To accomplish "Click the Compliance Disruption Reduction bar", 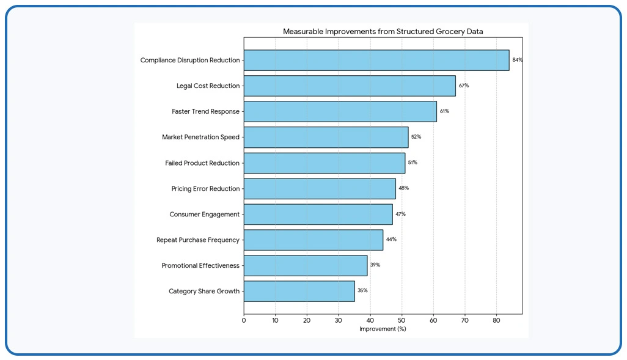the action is (x=376, y=61).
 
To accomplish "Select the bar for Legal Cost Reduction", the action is (x=350, y=86).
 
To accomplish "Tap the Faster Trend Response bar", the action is (x=340, y=112).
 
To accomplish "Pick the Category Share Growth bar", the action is (x=299, y=291).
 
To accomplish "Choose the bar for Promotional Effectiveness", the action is (x=306, y=266).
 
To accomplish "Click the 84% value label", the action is (x=518, y=60).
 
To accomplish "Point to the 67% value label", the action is (x=464, y=86).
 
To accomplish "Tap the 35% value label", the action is (x=362, y=290).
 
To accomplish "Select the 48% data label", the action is (x=404, y=188).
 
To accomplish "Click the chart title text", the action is (x=383, y=32).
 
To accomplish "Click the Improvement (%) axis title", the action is (x=383, y=329).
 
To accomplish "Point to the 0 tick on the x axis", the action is (x=244, y=320).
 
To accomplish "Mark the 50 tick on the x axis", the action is (x=402, y=320).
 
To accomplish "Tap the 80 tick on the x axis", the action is (x=496, y=320).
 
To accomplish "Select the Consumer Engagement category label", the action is (x=204, y=215).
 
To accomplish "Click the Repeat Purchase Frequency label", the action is (x=198, y=240).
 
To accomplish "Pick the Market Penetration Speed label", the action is (x=200, y=137).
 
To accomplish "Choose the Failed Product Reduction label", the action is (x=202, y=163).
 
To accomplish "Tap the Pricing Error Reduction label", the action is (x=205, y=189).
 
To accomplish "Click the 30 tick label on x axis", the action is (x=339, y=320).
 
